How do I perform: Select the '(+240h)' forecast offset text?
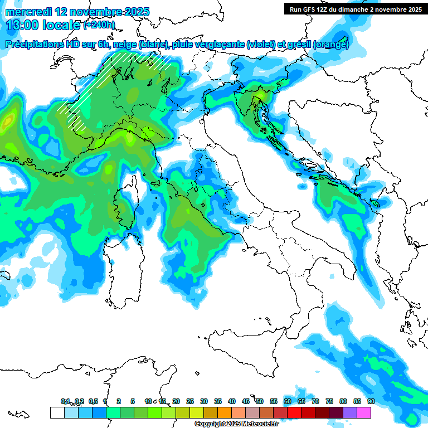coord(99,25)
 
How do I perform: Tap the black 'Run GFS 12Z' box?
coord(355,9)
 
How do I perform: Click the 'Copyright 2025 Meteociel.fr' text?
coord(236,424)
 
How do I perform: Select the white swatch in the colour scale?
coord(57,412)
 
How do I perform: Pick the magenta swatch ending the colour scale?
coord(364,412)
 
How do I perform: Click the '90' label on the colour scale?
coord(371,401)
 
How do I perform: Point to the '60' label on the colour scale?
coord(287,401)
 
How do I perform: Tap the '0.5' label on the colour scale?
coord(93,401)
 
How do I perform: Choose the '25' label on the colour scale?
coord(190,401)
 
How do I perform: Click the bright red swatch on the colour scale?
coord(294,412)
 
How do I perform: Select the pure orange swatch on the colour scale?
coord(224,412)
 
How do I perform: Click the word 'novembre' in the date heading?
coord(90,12)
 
